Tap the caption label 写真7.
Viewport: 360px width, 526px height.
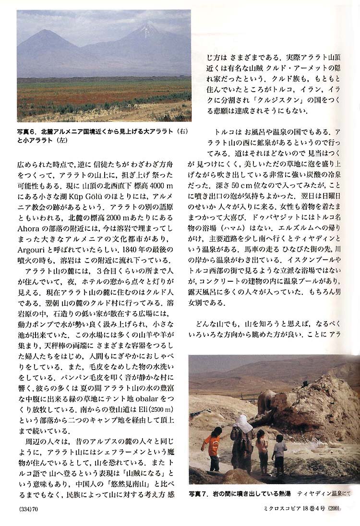pos(198,493)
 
